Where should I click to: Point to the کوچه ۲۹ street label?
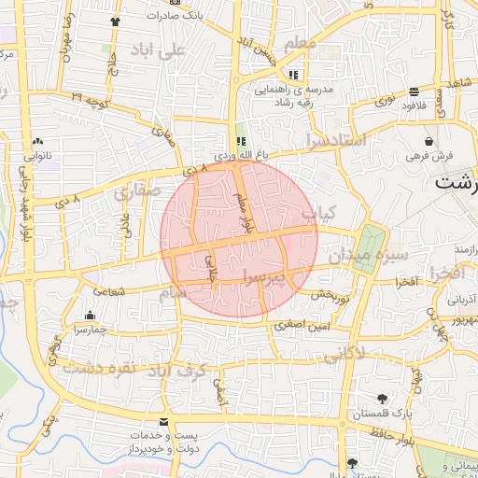(x=90, y=99)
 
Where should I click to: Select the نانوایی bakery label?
(x=49, y=157)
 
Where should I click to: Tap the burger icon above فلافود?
(x=414, y=91)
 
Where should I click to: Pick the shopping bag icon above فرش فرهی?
(x=428, y=140)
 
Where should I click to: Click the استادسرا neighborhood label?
(x=335, y=142)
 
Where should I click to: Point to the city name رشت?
(x=457, y=184)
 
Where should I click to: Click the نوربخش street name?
(x=329, y=295)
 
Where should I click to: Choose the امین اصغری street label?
(x=302, y=326)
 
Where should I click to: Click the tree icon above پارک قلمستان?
(x=382, y=399)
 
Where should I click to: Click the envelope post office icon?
(x=164, y=423)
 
